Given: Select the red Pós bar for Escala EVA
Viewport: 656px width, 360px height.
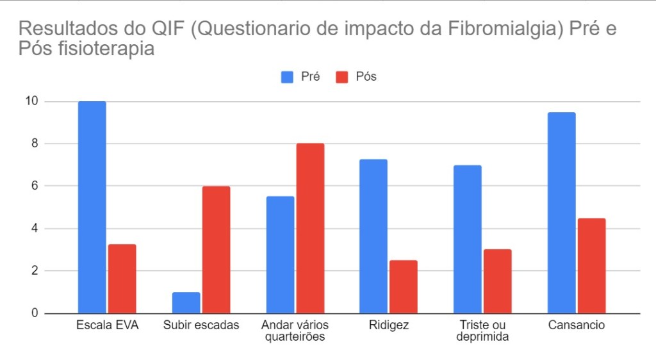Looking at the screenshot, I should point(122,279).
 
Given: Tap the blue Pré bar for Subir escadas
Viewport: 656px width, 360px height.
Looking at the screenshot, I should point(186,302).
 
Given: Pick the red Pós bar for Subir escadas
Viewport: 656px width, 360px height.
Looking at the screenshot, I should point(216,250).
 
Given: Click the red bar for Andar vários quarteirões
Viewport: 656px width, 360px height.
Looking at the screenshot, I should point(310,228).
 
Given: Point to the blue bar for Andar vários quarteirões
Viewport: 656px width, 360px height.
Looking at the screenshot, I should point(280,254).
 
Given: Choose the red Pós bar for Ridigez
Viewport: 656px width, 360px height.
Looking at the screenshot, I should point(404,286).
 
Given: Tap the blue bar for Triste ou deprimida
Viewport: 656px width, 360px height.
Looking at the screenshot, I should point(468,239).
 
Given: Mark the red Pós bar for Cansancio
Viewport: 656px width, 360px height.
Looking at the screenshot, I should point(591,265).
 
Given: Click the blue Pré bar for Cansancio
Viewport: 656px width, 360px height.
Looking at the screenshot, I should point(561,213).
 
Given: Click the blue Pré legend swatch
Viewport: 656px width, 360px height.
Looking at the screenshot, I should point(286,77).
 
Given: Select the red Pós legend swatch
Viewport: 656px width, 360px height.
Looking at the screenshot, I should point(342,77).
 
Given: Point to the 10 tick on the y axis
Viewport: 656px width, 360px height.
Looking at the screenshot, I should point(31,101).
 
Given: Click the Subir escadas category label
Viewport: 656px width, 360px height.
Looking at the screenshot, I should point(201,325).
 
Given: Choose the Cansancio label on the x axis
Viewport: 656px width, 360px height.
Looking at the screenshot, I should point(577,325).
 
